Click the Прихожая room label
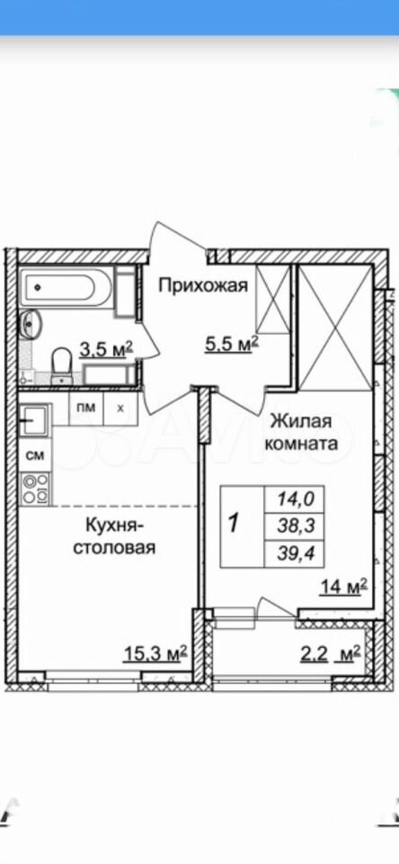pyautogui.click(x=204, y=286)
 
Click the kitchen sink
pyautogui.click(x=36, y=420)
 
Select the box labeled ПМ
pyautogui.click(x=85, y=409)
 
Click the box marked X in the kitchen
pyautogui.click(x=120, y=409)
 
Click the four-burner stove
pyautogui.click(x=36, y=489)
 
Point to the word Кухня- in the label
pyautogui.click(x=114, y=525)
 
